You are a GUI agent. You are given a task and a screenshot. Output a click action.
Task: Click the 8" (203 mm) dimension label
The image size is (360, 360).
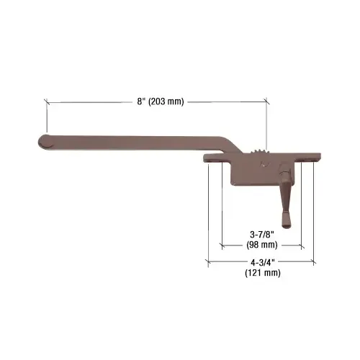point(156,102)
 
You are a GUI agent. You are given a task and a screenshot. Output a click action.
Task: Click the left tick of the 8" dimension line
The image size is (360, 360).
point(47,102)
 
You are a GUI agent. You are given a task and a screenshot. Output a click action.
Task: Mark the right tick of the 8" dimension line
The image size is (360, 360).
point(267,102)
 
